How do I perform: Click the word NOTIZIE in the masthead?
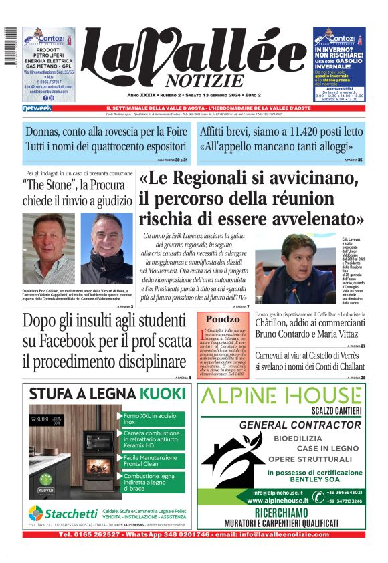point(215,81)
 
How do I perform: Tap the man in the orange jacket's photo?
point(48,248)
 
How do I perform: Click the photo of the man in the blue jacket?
point(107,248)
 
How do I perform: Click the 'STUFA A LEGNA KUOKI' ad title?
point(107,392)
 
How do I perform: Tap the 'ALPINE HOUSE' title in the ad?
point(290,395)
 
